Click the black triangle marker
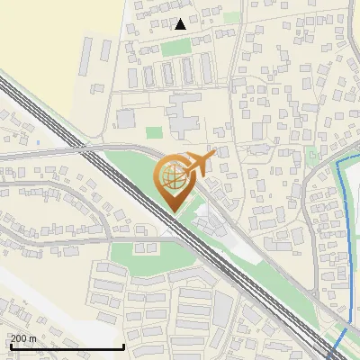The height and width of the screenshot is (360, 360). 181,24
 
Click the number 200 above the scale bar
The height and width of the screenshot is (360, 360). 17,338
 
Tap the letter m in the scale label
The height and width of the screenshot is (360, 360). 32,338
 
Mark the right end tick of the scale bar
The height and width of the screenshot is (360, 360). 123,346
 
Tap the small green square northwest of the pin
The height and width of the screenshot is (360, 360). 152,132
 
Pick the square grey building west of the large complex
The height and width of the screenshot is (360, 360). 125,118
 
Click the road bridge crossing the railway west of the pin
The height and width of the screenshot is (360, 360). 89,149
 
